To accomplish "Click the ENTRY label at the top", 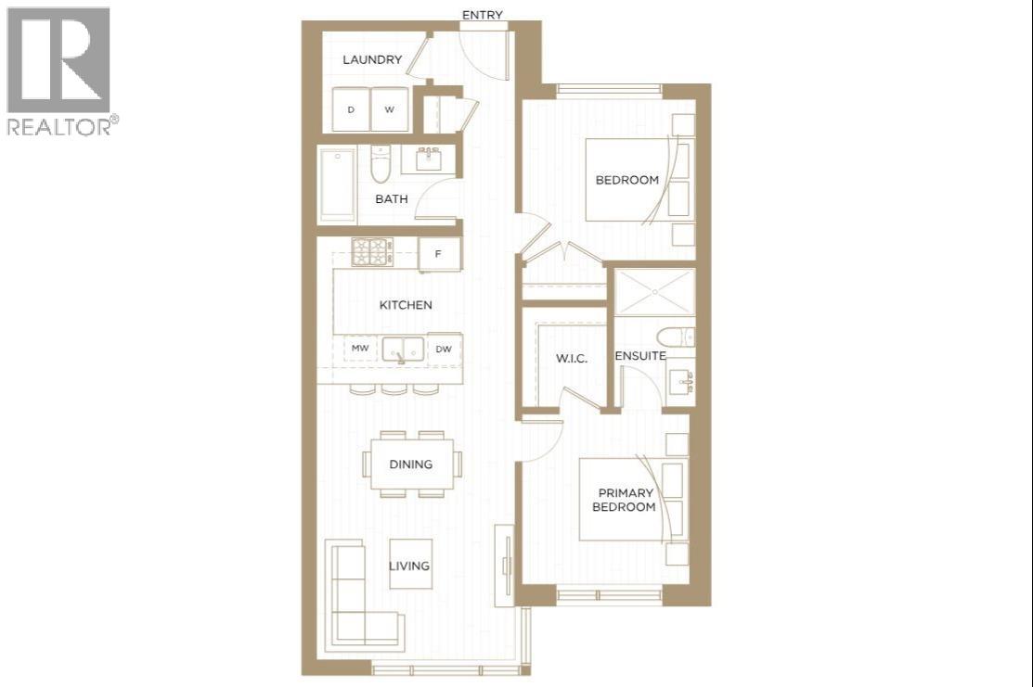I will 483,14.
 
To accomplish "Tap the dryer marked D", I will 351,109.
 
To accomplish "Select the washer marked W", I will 390,109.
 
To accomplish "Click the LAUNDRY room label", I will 372,60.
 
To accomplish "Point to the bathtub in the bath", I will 337,184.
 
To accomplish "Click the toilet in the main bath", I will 381,164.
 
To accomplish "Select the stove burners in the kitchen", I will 372,251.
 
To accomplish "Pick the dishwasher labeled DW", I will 444,349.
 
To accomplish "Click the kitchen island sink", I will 401,350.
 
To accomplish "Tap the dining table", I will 410,464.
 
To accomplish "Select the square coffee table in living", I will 410,564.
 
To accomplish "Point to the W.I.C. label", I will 571,358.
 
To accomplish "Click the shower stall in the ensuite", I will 655,291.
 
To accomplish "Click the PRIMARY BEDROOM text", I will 626,500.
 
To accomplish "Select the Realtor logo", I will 61,70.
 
